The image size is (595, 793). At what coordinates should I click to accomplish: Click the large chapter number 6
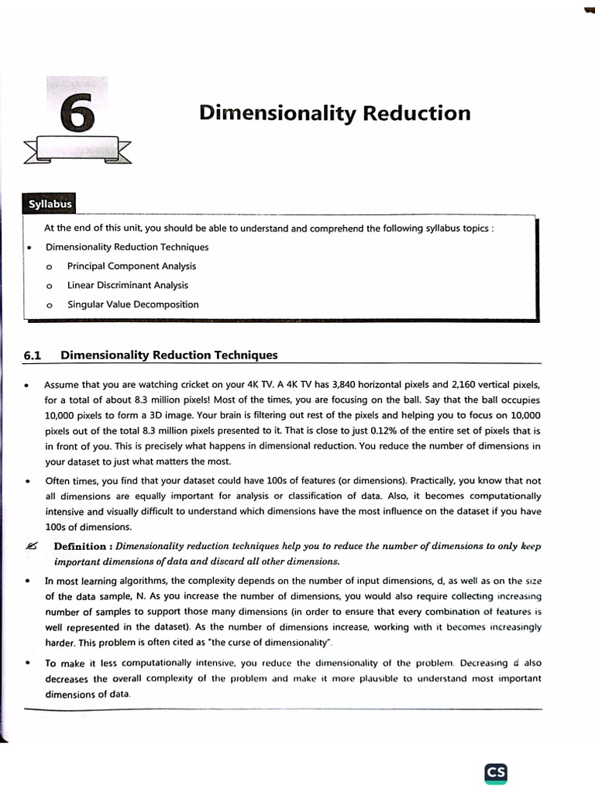77,114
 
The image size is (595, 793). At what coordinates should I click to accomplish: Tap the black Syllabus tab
50,204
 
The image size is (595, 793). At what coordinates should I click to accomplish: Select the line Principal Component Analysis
132,266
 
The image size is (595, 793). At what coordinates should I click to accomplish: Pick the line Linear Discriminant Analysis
127,285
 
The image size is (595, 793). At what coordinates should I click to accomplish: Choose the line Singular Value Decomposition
132,304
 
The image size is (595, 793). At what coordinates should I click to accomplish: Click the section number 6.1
32,355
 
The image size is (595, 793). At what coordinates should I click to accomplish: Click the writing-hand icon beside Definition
29,546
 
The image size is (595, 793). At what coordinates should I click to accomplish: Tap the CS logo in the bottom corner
496,772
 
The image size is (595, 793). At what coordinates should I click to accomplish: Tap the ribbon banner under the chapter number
77,149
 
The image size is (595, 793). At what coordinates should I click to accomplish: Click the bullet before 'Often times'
28,481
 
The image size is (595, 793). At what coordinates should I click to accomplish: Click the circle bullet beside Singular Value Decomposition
49,305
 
